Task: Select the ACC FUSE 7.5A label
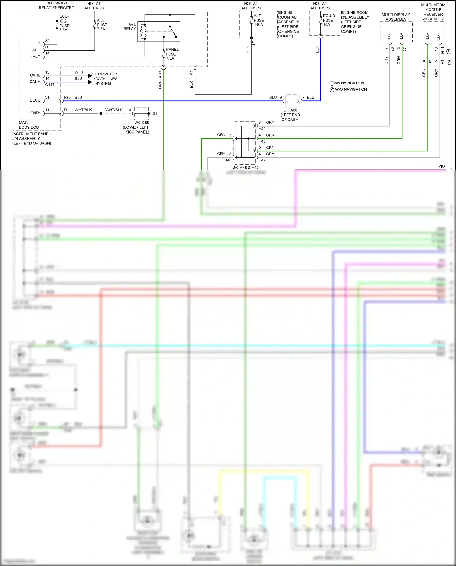(x=102, y=25)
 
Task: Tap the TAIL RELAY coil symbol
(x=142, y=32)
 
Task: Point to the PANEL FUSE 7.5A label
(x=172, y=54)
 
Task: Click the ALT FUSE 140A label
(x=259, y=20)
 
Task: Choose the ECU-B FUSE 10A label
(x=329, y=20)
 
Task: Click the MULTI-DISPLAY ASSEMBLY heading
(x=396, y=17)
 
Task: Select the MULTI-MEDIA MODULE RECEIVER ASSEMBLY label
(x=433, y=12)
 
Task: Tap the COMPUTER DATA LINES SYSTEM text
(x=106, y=79)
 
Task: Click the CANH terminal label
(x=35, y=82)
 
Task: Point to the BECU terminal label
(x=35, y=100)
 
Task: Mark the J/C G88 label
(x=142, y=123)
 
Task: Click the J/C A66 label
(x=290, y=110)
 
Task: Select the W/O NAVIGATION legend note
(x=351, y=89)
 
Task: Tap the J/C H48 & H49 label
(x=246, y=168)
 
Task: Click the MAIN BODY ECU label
(x=29, y=125)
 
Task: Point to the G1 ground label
(x=155, y=114)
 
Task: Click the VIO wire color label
(x=441, y=166)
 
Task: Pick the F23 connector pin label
(x=67, y=97)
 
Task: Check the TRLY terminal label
(x=35, y=57)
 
